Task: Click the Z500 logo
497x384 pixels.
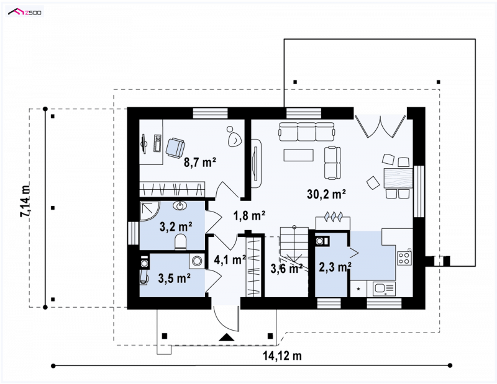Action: tap(25, 12)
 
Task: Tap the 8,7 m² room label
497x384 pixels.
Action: tap(200, 162)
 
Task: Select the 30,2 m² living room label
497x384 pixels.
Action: tap(326, 194)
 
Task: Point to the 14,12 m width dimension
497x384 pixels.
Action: tap(282, 356)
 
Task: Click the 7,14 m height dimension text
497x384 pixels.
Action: tap(25, 200)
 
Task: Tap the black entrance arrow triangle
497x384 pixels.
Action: tap(227, 337)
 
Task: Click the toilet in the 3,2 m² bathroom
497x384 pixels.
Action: tap(181, 242)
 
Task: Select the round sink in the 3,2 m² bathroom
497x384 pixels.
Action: tap(180, 206)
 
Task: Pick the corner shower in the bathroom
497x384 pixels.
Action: tap(150, 211)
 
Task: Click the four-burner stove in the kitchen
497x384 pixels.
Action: tap(405, 257)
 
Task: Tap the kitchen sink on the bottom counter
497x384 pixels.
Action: tap(384, 288)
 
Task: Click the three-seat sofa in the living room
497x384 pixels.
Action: tap(306, 132)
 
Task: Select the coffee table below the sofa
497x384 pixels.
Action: tap(299, 155)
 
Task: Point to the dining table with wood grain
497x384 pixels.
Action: tap(398, 178)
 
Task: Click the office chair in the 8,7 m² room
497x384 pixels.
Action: tap(175, 147)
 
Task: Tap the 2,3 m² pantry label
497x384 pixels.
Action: tap(335, 267)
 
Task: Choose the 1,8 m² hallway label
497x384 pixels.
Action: tap(249, 216)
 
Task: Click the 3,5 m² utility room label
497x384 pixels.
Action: tap(175, 279)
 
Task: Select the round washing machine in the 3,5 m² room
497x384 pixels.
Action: tap(197, 261)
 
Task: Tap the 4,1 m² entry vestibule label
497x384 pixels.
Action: tap(230, 259)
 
